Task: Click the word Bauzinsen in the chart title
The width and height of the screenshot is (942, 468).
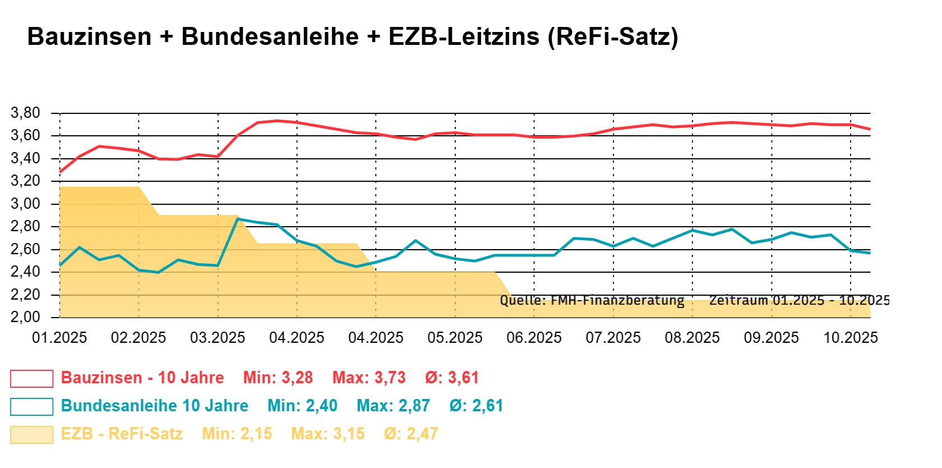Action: coord(89,37)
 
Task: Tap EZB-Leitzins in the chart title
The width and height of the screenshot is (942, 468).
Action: coord(464,37)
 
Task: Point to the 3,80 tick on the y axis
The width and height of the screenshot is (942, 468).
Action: coord(26,113)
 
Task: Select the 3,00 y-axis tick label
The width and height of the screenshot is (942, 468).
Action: coord(26,204)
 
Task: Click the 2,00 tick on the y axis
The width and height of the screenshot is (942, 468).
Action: coord(26,317)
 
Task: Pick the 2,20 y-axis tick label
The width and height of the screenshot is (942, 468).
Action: coord(26,295)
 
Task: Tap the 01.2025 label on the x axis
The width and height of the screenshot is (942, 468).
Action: coord(59,338)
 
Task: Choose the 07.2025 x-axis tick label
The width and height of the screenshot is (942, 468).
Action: coord(613,338)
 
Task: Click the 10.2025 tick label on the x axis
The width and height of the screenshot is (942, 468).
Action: coord(850,338)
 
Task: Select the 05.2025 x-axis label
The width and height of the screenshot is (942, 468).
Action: coord(455,338)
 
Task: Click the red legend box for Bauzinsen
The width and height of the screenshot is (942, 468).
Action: coord(31,378)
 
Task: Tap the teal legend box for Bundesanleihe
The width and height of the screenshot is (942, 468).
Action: coord(31,406)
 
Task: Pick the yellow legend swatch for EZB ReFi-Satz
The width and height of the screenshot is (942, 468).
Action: coord(31,434)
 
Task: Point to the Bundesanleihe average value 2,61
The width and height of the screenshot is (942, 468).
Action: coord(487,406)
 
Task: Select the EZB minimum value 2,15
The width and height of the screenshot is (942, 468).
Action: coord(256,434)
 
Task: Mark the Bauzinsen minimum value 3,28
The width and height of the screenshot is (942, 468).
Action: coord(297,378)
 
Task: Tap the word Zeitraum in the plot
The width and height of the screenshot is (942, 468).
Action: coord(738,300)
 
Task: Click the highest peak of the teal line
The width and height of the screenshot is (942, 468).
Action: coord(238,219)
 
